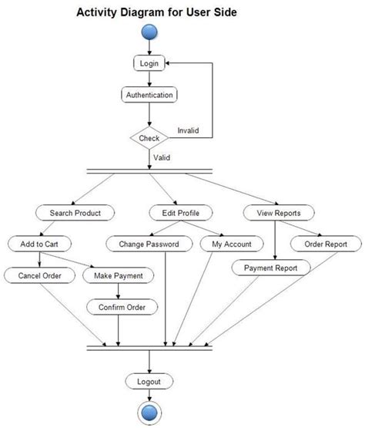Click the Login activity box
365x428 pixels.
coord(149,63)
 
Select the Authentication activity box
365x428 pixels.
coord(149,96)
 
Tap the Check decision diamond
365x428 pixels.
coord(149,139)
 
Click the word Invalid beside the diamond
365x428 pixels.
coord(188,131)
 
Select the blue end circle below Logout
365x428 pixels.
coord(149,411)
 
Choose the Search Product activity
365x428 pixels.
coord(75,212)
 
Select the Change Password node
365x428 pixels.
coord(149,244)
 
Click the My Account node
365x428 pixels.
coord(231,244)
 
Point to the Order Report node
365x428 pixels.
coord(324,244)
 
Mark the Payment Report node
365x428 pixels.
coord(271,268)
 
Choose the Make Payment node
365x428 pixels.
coord(117,275)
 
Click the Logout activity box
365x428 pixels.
coord(149,381)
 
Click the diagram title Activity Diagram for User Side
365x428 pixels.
coord(156,13)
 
